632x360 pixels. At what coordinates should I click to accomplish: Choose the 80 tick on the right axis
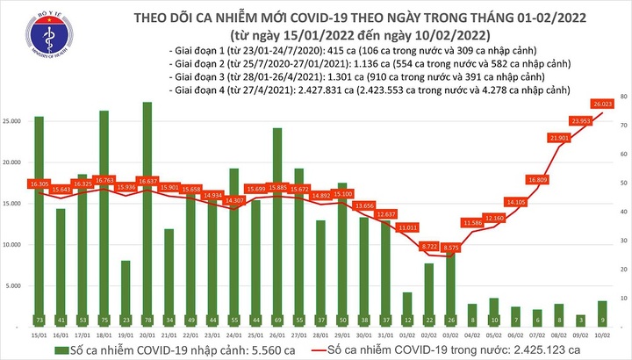622,95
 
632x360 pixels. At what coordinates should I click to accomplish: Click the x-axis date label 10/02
601,335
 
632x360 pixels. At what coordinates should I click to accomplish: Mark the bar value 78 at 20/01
147,320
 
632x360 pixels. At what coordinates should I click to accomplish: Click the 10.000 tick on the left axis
15,245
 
